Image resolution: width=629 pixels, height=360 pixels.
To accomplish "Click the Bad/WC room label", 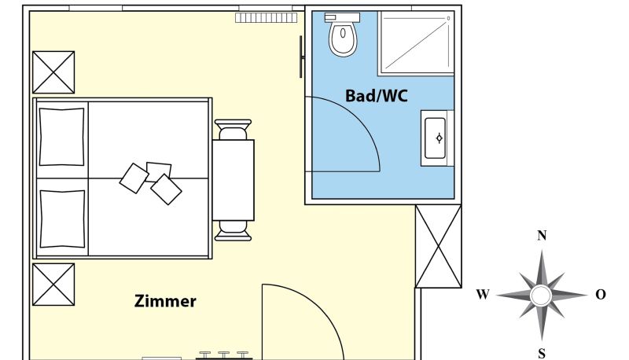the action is [x=377, y=96].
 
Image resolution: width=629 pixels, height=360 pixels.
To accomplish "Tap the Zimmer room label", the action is [x=165, y=301].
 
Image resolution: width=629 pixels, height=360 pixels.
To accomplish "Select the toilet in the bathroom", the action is [x=343, y=35].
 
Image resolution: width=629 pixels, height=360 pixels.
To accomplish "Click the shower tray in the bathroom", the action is [x=417, y=42].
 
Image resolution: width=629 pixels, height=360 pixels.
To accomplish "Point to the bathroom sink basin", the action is [x=436, y=138].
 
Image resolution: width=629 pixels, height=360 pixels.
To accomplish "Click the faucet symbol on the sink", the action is [x=440, y=138].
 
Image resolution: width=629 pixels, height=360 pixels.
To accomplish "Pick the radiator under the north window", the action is [x=267, y=17].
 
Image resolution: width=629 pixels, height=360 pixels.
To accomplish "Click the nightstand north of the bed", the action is [x=53, y=72].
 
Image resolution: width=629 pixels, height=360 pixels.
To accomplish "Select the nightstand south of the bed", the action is [x=53, y=285].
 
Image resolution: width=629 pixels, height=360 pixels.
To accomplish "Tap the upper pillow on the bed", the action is [x=62, y=137].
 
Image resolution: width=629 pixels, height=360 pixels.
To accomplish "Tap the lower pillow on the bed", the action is [x=62, y=219].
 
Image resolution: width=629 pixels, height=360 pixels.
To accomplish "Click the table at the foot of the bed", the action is [x=233, y=180].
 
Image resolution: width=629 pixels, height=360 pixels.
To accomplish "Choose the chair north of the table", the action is [x=233, y=130].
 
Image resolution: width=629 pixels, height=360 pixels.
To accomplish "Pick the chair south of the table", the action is [x=233, y=231].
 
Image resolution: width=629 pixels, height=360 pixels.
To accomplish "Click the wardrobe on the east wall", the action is [x=438, y=246].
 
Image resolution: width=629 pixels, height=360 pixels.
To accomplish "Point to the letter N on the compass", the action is [x=542, y=235].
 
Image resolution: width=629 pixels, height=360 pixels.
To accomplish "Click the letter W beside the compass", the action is [x=483, y=295].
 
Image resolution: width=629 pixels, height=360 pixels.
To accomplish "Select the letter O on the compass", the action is [x=601, y=295].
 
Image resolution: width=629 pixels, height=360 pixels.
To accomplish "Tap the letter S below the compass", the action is [x=542, y=354].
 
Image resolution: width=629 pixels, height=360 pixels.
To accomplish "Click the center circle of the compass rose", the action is [x=542, y=296].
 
